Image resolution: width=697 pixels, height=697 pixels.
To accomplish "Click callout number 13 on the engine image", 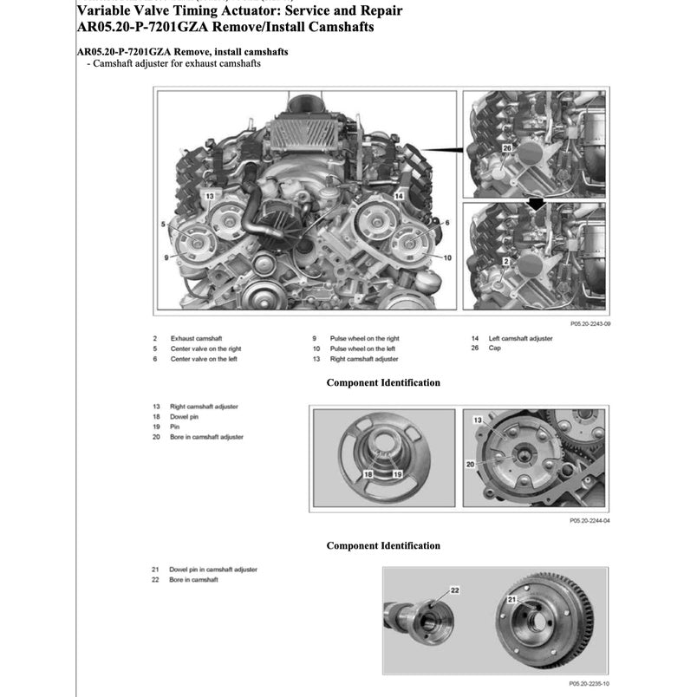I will coord(209,197).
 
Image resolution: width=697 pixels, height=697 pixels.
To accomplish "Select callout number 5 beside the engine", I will coord(163,225).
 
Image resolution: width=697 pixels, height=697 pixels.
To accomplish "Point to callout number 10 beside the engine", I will coord(447,257).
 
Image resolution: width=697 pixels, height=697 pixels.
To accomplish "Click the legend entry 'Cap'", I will coord(495,348).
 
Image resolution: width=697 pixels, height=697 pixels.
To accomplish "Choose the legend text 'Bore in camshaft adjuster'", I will coord(206,437).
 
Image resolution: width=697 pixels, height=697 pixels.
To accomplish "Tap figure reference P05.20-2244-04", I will coord(590,521).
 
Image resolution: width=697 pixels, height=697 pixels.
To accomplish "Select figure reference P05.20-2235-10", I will coord(590,684).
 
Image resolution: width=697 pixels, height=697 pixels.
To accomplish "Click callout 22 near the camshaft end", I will coord(454,590).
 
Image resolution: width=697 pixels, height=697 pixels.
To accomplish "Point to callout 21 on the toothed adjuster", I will coord(512,600).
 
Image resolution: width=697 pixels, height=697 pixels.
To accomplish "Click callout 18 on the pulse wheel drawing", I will coord(368,475).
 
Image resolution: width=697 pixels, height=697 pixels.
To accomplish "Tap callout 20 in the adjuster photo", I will coord(471,465).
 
